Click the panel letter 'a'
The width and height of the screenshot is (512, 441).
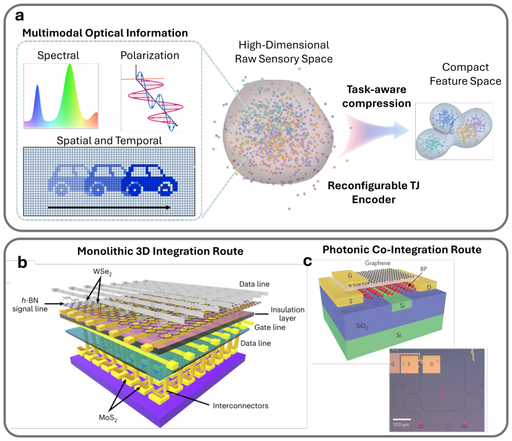[19, 16]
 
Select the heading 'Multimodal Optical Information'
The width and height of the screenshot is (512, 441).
[105, 33]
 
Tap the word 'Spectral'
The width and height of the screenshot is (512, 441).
[58, 55]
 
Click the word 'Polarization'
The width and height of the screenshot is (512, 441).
[150, 56]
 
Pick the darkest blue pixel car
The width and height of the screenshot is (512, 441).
[150, 180]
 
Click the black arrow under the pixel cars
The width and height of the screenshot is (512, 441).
[109, 207]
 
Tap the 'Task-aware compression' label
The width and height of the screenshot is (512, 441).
[376, 96]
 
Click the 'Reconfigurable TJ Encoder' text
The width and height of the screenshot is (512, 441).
[374, 192]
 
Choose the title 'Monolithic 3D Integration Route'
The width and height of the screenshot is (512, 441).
[160, 251]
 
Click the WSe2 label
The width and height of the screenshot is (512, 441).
[102, 272]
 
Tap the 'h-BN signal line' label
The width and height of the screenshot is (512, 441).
[30, 304]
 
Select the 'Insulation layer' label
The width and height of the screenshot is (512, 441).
[287, 314]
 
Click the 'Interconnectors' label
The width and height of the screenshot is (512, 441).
[240, 406]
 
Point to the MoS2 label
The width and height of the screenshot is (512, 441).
[108, 418]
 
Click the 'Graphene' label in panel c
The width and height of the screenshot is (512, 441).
[378, 263]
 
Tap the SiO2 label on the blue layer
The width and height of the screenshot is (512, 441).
[362, 326]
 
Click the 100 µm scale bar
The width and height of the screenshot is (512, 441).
[402, 419]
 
